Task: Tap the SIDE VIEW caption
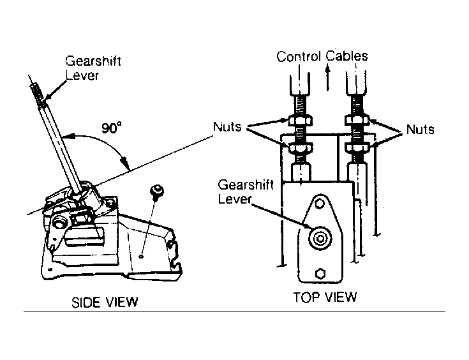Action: tap(105, 303)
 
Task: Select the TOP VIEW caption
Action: tap(325, 297)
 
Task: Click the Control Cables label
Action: tap(322, 56)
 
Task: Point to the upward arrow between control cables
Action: tap(328, 78)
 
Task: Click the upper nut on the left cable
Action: tap(301, 120)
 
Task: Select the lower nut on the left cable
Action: tap(301, 147)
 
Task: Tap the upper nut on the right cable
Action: tap(357, 120)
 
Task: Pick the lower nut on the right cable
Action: tap(357, 147)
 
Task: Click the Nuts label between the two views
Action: tap(227, 126)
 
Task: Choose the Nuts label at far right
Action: tap(420, 130)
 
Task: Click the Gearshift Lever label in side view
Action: tap(93, 68)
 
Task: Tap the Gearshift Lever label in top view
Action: tap(245, 191)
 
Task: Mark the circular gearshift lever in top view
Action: tap(320, 239)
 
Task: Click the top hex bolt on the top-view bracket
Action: tap(320, 204)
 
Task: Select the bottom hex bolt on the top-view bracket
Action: tap(320, 274)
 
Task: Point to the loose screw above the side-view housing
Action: tap(156, 191)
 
